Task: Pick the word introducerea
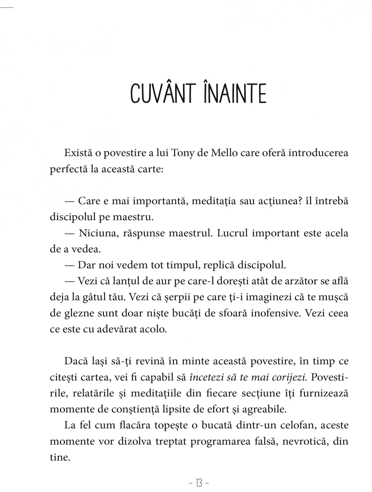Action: pos(318,153)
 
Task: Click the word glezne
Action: pos(78,313)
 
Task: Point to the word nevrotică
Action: pos(303,441)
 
